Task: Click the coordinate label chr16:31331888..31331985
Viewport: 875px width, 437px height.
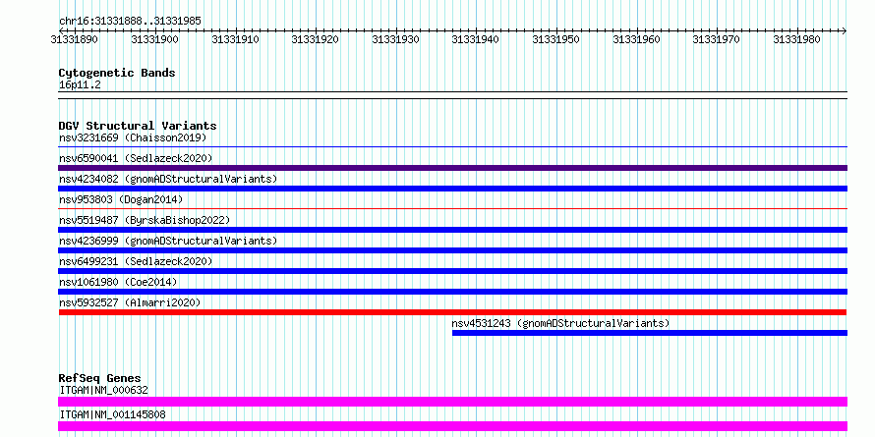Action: (130, 22)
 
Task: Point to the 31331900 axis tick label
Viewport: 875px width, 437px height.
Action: (154, 39)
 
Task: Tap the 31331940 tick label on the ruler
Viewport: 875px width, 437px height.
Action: (476, 39)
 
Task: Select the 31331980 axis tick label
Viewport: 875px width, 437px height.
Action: (796, 39)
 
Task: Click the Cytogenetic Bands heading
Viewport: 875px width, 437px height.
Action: (117, 73)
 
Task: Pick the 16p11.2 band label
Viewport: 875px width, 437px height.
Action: (80, 85)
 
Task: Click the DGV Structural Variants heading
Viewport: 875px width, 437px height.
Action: (138, 126)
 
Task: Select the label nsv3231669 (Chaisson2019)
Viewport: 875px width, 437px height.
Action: (133, 137)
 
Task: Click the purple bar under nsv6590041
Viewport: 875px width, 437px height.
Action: (453, 168)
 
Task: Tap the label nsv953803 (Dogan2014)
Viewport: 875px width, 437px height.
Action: (121, 199)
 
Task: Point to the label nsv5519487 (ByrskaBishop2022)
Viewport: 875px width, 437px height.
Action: (145, 220)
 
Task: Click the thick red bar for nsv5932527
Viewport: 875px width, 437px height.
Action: (453, 312)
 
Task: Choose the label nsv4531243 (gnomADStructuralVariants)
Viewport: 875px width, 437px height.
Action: (560, 323)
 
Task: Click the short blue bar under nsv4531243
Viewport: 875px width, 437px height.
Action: (650, 333)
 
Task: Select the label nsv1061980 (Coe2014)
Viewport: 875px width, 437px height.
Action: (118, 282)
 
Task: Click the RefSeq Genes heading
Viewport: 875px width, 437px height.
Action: (100, 379)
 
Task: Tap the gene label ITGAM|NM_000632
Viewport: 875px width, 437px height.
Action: (104, 390)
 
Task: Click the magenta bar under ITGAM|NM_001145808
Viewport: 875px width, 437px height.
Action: (453, 426)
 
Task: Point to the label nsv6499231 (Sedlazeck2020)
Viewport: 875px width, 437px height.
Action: (136, 261)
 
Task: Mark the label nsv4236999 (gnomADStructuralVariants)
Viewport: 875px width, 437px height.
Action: (168, 241)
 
